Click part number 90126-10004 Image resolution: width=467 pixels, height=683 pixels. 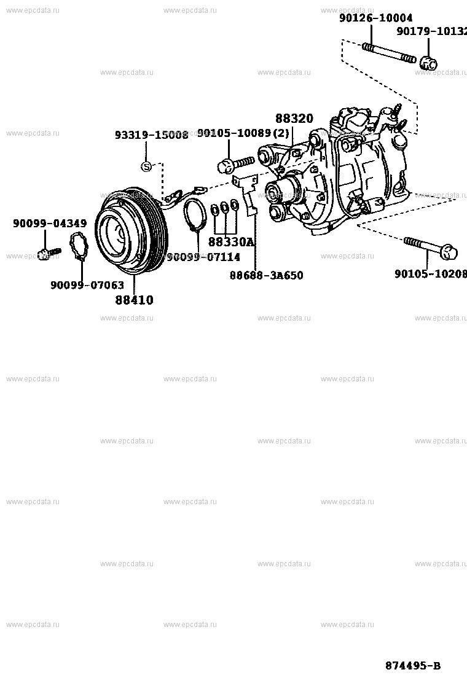click(375, 18)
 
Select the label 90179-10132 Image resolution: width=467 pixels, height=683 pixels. click(431, 31)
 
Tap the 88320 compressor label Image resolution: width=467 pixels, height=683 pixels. click(294, 119)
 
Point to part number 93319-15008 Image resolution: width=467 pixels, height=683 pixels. click(151, 135)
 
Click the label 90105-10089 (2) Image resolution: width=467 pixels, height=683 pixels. click(243, 133)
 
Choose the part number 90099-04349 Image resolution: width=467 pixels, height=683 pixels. click(50, 224)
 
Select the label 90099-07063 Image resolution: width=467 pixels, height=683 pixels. click(87, 285)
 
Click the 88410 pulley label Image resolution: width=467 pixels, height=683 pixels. click(134, 300)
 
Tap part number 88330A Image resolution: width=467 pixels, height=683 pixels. click(230, 242)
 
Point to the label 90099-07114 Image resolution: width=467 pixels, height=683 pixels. click(203, 257)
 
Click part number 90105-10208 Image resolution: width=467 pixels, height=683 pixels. click(430, 274)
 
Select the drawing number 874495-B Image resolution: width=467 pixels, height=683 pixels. click(412, 666)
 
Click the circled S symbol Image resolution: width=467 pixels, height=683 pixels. click(146, 166)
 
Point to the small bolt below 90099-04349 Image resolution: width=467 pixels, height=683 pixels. click(47, 252)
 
